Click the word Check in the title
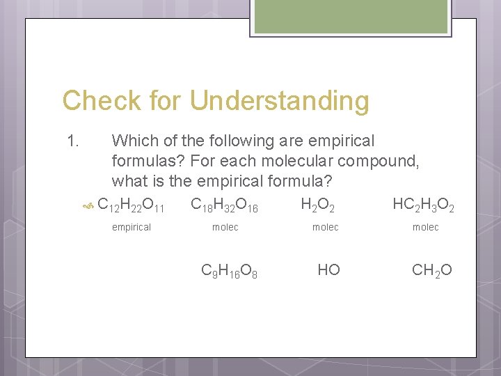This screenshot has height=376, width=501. (102, 101)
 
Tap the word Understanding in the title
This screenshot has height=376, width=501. (280, 101)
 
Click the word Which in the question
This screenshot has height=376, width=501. (135, 141)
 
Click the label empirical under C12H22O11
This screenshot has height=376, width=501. (132, 227)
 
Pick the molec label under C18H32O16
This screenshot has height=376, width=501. (225, 227)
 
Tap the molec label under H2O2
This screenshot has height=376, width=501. (325, 227)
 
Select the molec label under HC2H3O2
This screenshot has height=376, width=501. (425, 227)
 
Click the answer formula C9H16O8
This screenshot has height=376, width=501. (230, 270)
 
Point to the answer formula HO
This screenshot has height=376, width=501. (328, 269)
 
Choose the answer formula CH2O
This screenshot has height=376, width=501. (432, 270)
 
